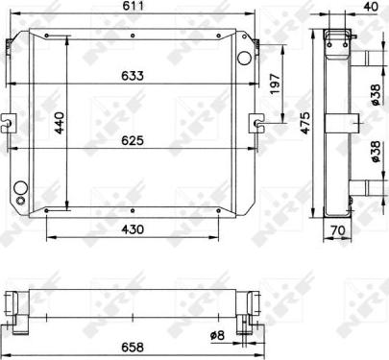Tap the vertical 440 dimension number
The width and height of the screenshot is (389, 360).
(x=58, y=122)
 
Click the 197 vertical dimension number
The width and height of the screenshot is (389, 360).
(x=276, y=84)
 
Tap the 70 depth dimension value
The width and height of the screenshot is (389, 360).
(x=336, y=230)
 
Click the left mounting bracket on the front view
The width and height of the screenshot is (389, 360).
(x=8, y=122)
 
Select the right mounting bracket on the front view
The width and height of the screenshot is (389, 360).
(x=257, y=122)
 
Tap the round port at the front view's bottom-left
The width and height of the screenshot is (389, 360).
(x=21, y=189)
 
